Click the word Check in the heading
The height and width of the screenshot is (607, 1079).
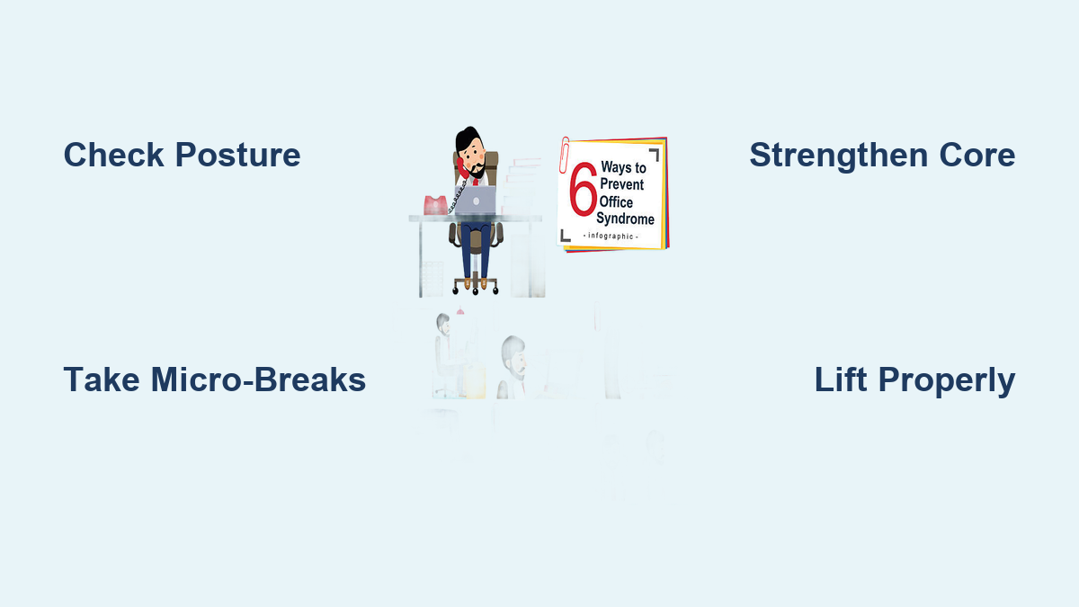(113, 155)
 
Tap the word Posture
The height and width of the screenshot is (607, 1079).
(238, 155)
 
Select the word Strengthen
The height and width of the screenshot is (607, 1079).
(839, 156)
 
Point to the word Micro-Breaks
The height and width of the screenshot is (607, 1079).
(259, 379)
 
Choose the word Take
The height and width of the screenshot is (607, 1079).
(102, 379)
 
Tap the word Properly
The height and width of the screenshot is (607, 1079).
(947, 380)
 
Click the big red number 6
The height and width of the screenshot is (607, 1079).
(584, 189)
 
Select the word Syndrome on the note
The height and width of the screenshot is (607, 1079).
(625, 219)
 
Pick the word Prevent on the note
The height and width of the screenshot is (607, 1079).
(622, 184)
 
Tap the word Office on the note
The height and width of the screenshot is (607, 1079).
(616, 201)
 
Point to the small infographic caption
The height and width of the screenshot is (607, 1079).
(611, 236)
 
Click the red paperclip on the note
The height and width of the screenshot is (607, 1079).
(565, 155)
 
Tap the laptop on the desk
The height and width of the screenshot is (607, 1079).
(475, 201)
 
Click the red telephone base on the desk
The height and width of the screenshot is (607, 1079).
(435, 205)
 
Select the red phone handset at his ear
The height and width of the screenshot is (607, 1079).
(461, 168)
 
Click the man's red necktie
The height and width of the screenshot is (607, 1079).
(476, 182)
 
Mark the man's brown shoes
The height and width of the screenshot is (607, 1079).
(476, 283)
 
